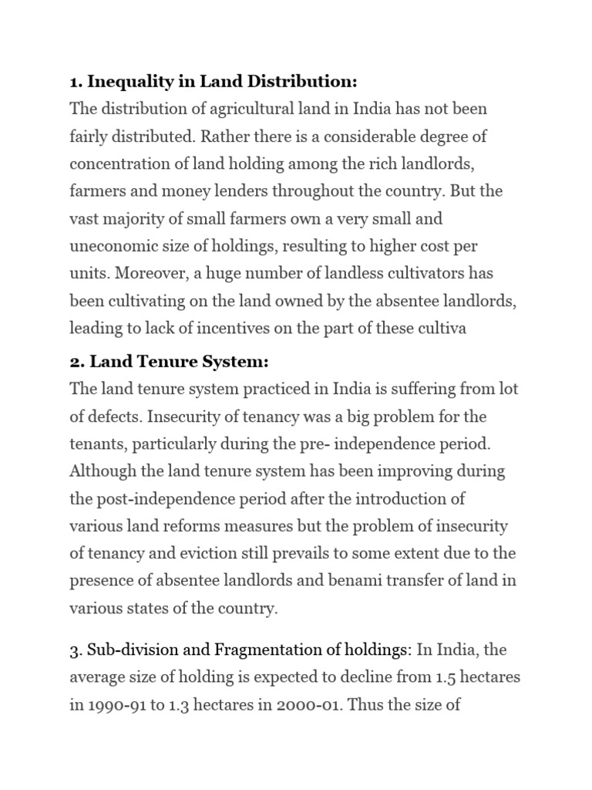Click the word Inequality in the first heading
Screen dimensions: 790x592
(x=128, y=82)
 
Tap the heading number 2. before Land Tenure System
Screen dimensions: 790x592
(x=77, y=361)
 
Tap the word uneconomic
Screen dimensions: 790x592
(x=111, y=245)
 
